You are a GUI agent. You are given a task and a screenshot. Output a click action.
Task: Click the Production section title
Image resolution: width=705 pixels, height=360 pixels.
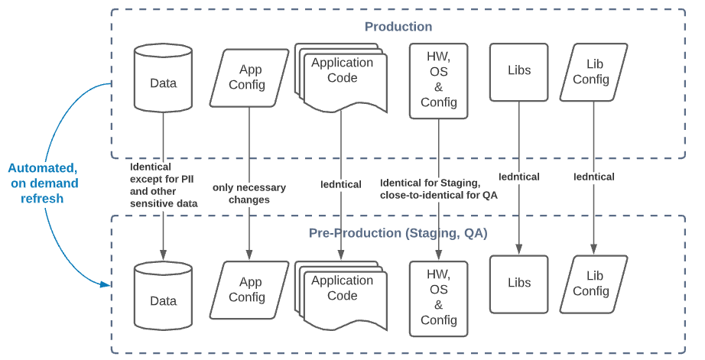pos(398,27)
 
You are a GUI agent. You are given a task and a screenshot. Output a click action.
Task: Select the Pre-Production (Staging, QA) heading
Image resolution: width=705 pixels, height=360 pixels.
pos(398,232)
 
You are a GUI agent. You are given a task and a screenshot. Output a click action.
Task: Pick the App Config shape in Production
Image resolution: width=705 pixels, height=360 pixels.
pos(247,77)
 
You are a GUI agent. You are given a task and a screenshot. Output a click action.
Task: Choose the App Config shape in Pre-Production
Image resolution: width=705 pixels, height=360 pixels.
pos(247,290)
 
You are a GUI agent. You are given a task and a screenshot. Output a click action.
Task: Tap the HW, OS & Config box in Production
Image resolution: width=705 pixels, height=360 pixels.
pos(438,81)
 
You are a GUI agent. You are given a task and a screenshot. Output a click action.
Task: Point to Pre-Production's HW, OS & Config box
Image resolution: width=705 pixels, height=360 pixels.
pos(438,298)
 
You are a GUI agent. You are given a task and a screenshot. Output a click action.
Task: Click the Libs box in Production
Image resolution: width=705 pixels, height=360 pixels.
pos(519,71)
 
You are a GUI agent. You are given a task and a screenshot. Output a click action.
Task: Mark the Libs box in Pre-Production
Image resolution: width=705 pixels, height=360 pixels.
pos(519,284)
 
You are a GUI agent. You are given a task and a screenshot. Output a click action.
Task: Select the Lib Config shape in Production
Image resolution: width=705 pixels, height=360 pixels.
pos(593,72)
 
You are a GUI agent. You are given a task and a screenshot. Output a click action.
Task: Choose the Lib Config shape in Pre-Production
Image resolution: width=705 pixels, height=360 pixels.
pos(593,284)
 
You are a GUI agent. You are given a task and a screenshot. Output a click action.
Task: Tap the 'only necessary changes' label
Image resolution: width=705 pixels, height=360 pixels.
pos(249,193)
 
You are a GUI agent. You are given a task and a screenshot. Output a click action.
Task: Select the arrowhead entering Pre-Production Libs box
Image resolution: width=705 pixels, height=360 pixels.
pos(519,249)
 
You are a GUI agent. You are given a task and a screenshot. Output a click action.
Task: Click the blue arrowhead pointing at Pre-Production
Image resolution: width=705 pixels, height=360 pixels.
pos(106,285)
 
